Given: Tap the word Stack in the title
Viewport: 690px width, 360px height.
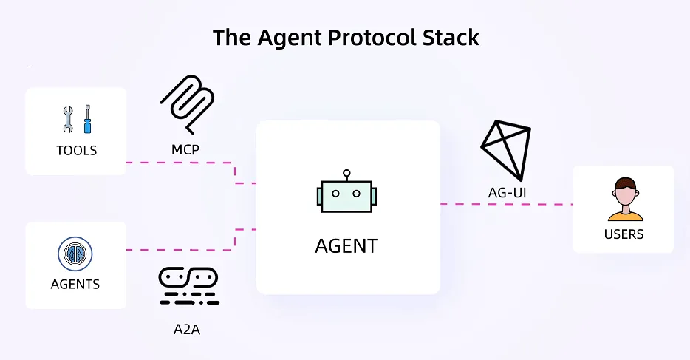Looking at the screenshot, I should (451, 38).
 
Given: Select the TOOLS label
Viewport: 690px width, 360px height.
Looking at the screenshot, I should (76, 151).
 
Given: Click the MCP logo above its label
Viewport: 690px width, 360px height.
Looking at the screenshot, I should (186, 103).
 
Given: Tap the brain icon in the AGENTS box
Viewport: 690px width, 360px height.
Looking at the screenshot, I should (75, 254).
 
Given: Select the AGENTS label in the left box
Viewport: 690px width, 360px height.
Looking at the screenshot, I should (75, 284).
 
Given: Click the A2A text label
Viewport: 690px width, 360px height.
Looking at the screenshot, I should (182, 329).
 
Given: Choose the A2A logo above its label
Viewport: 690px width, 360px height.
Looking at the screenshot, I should (188, 285).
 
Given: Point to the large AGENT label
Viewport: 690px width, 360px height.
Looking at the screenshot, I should (346, 245).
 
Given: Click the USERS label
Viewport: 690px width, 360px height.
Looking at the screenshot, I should (624, 234).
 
